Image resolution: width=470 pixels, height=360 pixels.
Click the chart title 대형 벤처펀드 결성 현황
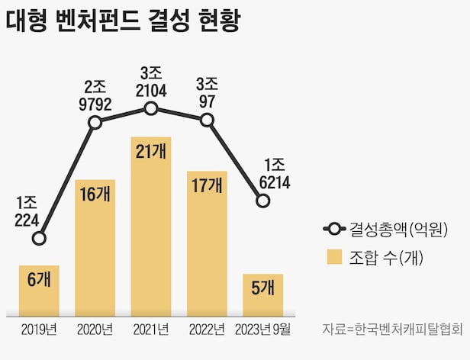pyautogui.click(x=123, y=21)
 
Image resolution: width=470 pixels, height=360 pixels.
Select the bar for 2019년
pyautogui.click(x=39, y=291)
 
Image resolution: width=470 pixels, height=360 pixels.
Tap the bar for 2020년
pyautogui.click(x=95, y=248)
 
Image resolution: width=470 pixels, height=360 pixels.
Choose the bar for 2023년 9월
pyautogui.click(x=262, y=294)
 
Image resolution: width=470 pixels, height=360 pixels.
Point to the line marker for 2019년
pyautogui.click(x=39, y=239)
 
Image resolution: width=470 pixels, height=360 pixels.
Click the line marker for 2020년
pyautogui.click(x=95, y=122)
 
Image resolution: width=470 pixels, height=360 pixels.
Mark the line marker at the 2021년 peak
pyautogui.click(x=150, y=109)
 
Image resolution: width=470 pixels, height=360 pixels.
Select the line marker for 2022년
pyautogui.click(x=207, y=120)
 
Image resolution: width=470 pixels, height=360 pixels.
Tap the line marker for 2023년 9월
pyautogui.click(x=262, y=201)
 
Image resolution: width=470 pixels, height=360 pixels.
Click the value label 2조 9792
pyautogui.click(x=95, y=93)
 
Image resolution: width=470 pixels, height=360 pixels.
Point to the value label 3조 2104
pyautogui.click(x=150, y=81)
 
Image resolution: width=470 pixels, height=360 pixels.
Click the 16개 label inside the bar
pyautogui.click(x=95, y=195)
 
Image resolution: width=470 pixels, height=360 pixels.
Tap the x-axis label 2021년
pyautogui.click(x=150, y=329)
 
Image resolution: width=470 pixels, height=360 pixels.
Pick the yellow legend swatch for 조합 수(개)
pyautogui.click(x=334, y=258)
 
